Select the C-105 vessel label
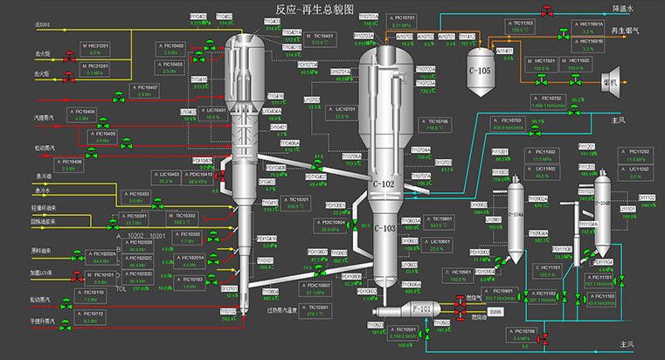[x=479, y=70]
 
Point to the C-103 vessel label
[x=385, y=229]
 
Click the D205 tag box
[x=495, y=310]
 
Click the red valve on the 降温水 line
[x=547, y=10]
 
